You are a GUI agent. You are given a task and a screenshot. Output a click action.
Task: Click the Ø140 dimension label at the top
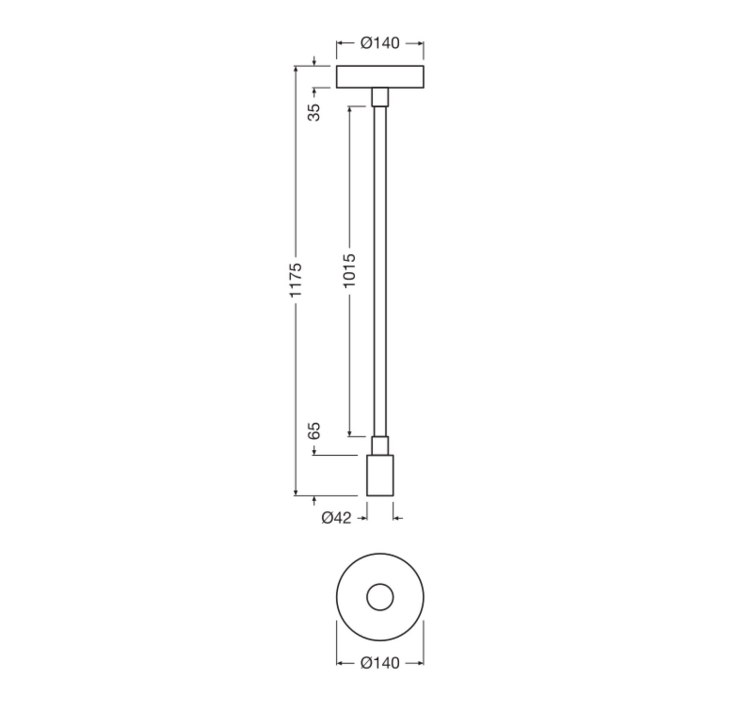coord(380,43)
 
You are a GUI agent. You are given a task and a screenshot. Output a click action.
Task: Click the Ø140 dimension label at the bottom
coord(380,663)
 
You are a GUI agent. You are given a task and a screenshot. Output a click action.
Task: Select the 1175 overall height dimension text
coord(296,280)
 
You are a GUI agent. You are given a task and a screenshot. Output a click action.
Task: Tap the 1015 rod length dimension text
coord(349,270)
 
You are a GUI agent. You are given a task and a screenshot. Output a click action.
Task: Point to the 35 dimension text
coord(314,112)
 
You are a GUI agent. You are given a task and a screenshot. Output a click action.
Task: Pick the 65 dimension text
coord(314,431)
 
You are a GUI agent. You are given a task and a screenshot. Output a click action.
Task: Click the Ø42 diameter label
coord(337,518)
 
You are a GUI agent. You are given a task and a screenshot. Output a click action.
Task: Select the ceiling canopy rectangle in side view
coord(380,77)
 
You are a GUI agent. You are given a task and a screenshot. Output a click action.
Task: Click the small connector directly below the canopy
coord(380,97)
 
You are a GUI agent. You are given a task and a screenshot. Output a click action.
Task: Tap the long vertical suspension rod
coord(380,271)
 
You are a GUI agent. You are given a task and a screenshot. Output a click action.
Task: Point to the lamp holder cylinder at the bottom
coord(380,476)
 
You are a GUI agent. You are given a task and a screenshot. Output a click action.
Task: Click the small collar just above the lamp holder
coord(380,445)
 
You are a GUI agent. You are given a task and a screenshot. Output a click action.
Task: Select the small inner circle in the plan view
coord(380,597)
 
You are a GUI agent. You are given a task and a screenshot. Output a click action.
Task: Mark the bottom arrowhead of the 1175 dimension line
coord(296,493)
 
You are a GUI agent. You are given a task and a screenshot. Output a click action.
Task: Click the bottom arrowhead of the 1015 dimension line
coord(350,433)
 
